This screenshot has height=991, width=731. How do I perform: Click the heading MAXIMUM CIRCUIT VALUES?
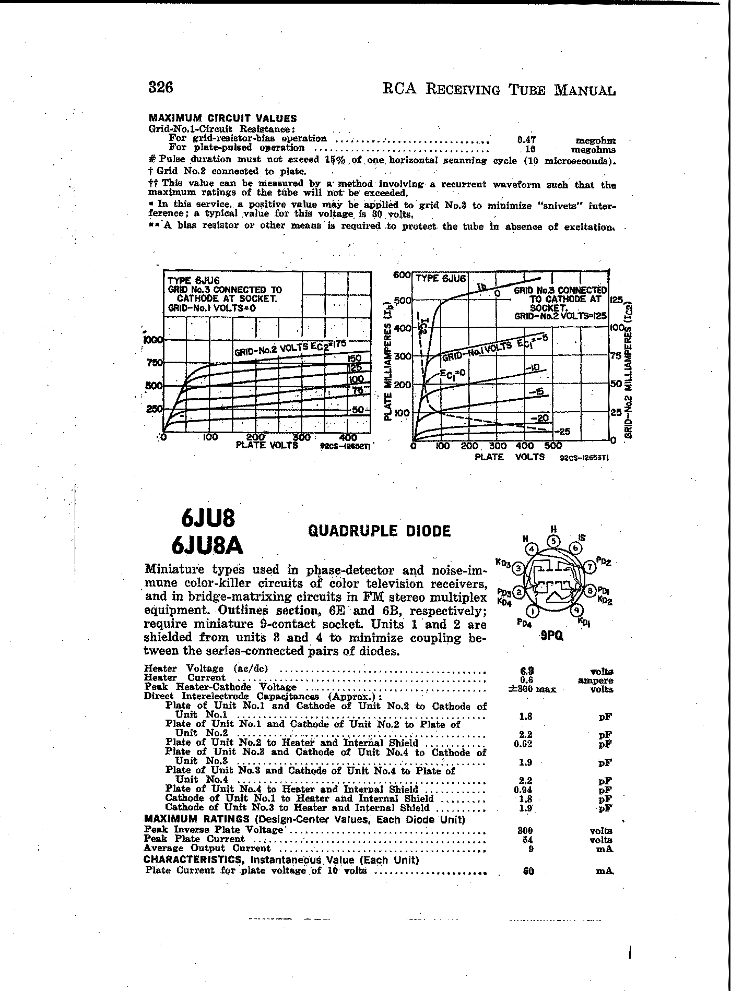point(223,118)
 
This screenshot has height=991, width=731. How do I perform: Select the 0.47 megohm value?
point(527,140)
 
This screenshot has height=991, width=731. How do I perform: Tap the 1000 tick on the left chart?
point(154,340)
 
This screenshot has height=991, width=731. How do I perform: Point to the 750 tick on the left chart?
point(155,363)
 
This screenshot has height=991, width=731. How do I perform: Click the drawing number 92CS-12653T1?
point(584,458)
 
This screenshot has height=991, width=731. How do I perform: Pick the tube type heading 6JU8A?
point(208,545)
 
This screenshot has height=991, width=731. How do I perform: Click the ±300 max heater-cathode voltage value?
point(532,689)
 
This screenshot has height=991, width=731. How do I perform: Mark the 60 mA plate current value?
point(528,871)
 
